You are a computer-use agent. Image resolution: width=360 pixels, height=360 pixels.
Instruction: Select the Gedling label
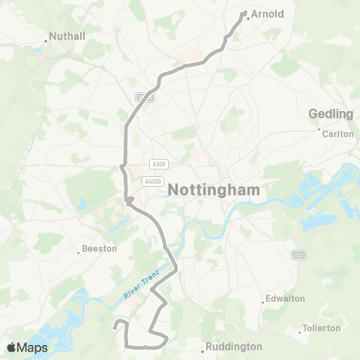pos(331,114)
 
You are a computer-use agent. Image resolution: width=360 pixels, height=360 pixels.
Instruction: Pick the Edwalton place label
pos(286,298)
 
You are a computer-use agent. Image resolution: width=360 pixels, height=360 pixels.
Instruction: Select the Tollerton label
pos(322,328)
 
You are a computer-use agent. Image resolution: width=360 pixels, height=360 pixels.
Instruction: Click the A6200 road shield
pos(153,181)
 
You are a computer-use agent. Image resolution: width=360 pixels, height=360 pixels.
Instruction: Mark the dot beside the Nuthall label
pos(46,40)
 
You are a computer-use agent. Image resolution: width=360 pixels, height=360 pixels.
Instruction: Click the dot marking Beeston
pos(79,253)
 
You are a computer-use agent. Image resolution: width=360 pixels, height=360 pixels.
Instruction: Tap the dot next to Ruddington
pos(204,351)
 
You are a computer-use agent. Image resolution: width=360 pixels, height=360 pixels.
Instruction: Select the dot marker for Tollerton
pos(298,333)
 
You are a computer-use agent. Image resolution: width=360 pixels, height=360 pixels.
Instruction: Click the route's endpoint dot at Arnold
pos(244,12)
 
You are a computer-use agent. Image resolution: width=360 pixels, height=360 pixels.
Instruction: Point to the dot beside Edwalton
pos(262,303)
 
